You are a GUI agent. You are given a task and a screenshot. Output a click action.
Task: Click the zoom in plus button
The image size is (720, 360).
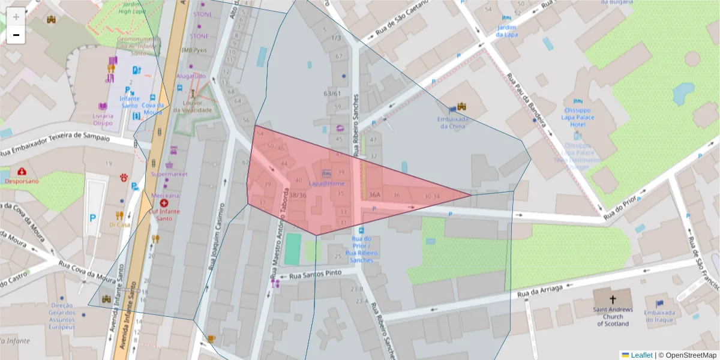[x=16, y=16]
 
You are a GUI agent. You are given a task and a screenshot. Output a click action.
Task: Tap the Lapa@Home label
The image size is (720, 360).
[x=327, y=183]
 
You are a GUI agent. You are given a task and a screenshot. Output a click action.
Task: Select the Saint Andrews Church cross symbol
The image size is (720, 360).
[x=613, y=299]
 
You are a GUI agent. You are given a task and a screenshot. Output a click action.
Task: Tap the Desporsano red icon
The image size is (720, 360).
[x=22, y=172]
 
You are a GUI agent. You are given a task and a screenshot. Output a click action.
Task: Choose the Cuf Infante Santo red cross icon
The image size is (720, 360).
[x=164, y=204]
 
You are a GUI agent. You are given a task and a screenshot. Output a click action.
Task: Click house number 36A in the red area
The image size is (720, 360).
[x=375, y=195]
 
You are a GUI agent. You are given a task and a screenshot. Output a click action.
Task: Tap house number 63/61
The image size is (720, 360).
[x=332, y=94]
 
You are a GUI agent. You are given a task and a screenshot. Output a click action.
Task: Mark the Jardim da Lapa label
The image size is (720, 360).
[x=506, y=31]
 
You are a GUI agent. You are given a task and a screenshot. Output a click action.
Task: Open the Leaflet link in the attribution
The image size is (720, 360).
[x=641, y=355]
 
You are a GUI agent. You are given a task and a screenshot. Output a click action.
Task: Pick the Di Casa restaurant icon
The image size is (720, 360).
[x=119, y=215]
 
